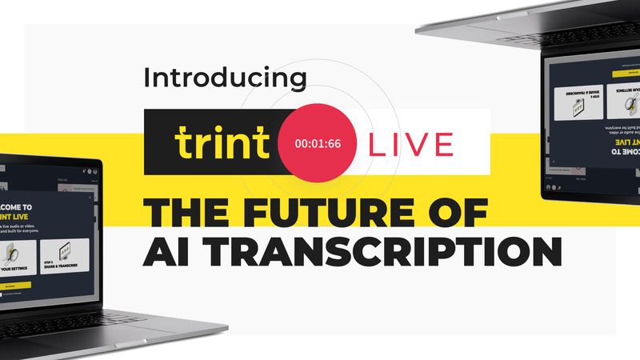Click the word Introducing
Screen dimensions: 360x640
pos(225,78)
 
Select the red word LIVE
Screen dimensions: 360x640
pos(410,144)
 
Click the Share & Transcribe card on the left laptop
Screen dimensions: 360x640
pos(65,254)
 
